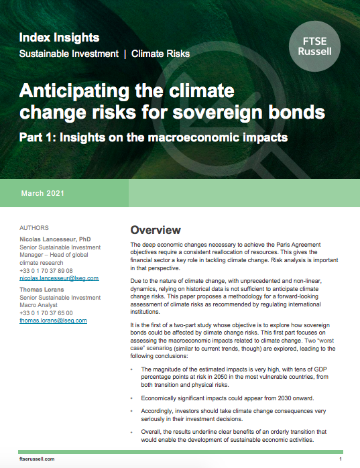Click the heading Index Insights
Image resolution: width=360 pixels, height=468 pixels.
tap(59, 38)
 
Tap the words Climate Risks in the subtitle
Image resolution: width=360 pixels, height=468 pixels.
tap(161, 53)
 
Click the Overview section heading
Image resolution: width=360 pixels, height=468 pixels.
tap(156, 230)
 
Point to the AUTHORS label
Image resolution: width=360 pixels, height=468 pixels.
tap(34, 228)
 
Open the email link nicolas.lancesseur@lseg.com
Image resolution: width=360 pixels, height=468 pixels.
tap(59, 278)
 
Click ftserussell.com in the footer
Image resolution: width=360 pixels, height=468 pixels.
tap(37, 459)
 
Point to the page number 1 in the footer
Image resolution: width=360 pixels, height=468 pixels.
tap(341, 459)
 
